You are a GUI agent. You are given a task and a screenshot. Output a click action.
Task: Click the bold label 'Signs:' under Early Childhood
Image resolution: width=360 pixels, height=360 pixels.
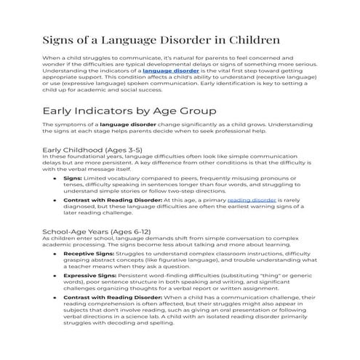[x=73, y=177]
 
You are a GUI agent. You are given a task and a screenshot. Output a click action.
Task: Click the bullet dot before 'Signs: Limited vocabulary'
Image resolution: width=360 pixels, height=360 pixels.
[x=56, y=177]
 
